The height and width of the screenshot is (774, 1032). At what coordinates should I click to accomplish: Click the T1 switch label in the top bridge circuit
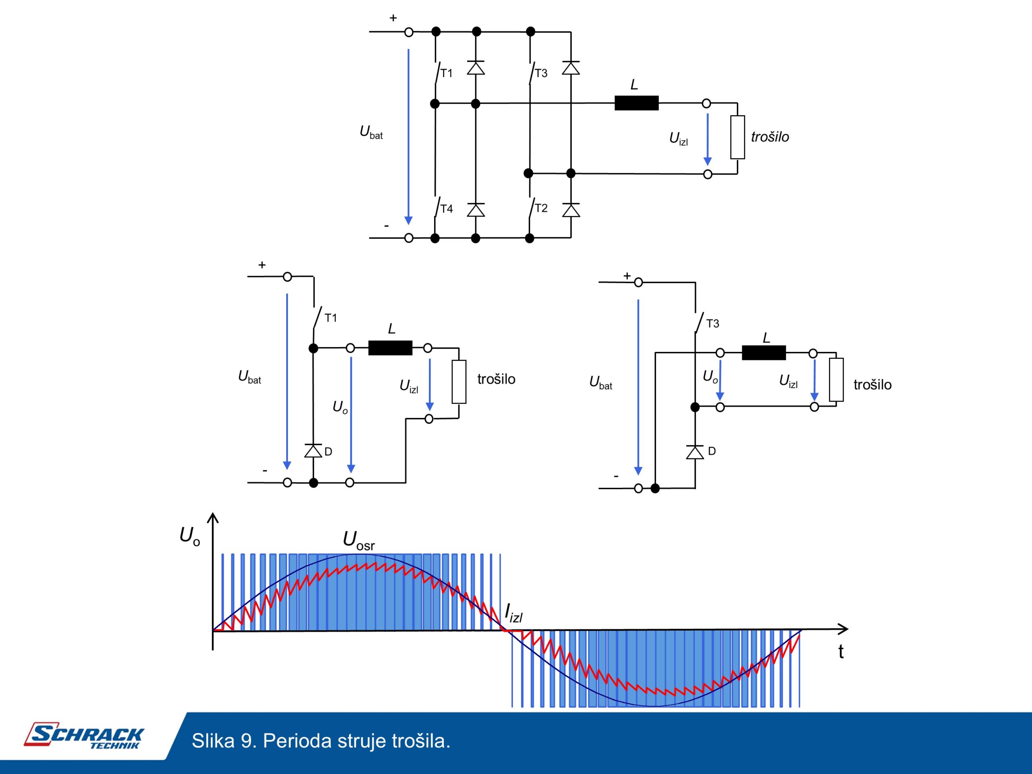(x=447, y=73)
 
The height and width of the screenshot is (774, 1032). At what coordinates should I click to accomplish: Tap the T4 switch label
(x=447, y=208)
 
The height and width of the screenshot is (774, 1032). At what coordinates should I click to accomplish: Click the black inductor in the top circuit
(x=637, y=103)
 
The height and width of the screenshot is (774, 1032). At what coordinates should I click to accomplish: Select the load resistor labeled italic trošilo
(x=738, y=137)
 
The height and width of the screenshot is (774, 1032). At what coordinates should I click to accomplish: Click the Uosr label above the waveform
(x=358, y=541)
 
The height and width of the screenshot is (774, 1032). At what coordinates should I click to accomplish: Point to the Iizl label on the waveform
(x=514, y=613)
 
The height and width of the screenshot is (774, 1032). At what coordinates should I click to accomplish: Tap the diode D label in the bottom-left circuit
(x=328, y=451)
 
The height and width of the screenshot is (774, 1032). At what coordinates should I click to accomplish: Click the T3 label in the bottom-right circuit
(x=712, y=324)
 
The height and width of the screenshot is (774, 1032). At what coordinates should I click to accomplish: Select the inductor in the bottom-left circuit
(x=390, y=348)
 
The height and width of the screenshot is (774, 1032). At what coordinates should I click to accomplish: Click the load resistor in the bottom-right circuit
(x=836, y=380)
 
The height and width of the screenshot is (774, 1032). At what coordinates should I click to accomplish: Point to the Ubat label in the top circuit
(x=371, y=133)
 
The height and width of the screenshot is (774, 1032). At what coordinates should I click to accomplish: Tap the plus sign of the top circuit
(x=393, y=18)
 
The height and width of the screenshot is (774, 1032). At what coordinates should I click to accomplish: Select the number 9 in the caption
(x=246, y=741)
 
